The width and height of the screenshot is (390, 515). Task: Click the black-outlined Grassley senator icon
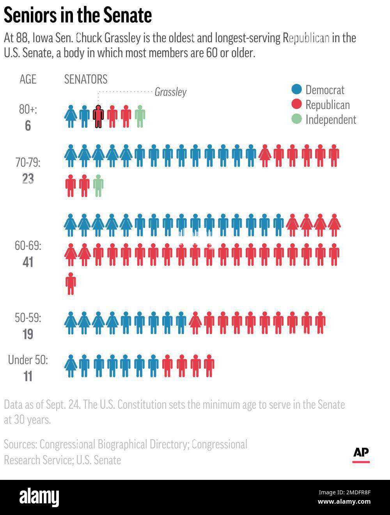[x=98, y=116]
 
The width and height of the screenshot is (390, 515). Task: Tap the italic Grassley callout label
[x=170, y=92]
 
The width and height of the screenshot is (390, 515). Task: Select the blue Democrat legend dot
[x=297, y=90]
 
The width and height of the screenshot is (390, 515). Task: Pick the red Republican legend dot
[x=297, y=105]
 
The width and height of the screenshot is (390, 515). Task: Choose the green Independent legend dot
[x=297, y=119]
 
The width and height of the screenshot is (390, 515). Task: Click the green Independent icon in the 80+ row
[x=140, y=116]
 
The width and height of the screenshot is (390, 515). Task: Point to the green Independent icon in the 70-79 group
[x=98, y=185]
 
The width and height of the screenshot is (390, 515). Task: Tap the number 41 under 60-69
[x=28, y=262]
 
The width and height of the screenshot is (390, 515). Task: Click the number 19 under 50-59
[x=28, y=334]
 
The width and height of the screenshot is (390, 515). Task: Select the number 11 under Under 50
[x=28, y=376]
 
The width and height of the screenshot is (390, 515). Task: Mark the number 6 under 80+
[x=28, y=126]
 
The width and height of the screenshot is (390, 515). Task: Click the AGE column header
[x=28, y=79]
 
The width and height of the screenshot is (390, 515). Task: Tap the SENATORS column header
[x=85, y=79]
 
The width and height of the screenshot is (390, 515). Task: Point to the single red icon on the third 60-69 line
[x=71, y=283]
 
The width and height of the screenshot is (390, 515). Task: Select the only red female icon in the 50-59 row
[x=195, y=323]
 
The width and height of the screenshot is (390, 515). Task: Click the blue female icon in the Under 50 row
[x=71, y=366]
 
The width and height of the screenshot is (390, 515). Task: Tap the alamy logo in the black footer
[x=39, y=497]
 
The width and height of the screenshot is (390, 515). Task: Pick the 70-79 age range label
[x=28, y=162]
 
